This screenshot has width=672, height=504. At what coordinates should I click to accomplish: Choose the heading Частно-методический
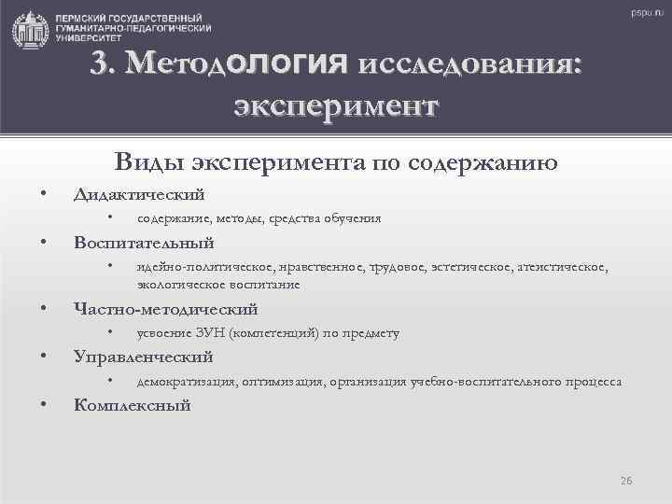(x=165, y=309)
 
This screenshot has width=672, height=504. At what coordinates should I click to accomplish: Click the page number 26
(x=626, y=481)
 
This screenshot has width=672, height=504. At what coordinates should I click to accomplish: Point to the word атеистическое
(x=563, y=268)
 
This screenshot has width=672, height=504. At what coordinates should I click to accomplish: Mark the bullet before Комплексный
(x=43, y=405)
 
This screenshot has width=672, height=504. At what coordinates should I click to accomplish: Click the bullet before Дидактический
(x=43, y=194)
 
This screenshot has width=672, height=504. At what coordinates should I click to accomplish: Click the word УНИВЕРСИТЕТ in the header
(x=90, y=41)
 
